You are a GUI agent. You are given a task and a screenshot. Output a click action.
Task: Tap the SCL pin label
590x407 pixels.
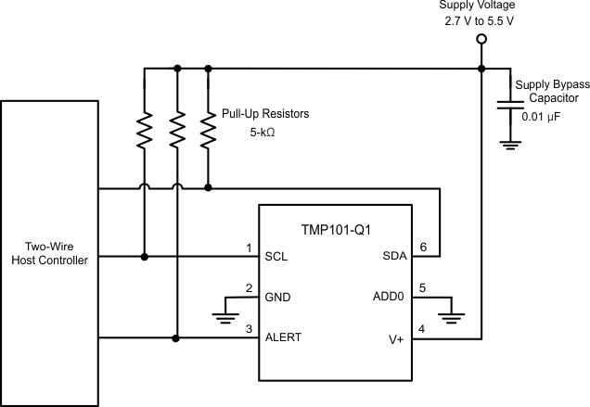click(276, 257)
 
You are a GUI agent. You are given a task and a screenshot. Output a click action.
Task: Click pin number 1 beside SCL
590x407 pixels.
click(249, 248)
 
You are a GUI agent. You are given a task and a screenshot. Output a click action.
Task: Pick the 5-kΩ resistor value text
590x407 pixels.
click(262, 132)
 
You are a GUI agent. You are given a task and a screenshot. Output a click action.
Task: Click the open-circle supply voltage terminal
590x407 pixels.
click(481, 39)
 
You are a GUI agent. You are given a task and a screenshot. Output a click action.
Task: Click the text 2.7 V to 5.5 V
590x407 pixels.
click(481, 19)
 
